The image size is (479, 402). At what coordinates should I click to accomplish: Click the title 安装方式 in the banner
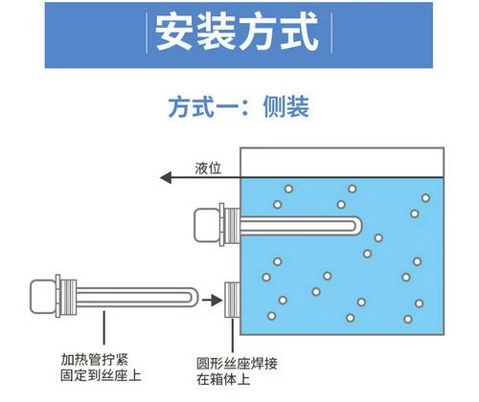(x=237, y=33)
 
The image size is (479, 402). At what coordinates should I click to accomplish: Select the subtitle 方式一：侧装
(x=239, y=106)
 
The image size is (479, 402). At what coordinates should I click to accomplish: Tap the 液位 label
(x=208, y=168)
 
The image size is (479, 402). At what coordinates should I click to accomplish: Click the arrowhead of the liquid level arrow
(x=166, y=177)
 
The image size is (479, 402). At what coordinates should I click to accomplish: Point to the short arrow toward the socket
(x=212, y=301)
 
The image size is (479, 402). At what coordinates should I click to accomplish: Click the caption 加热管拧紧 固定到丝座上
(x=101, y=368)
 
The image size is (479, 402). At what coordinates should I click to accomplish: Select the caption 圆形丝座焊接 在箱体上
(x=237, y=371)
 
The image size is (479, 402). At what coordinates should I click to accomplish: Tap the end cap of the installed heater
(x=207, y=225)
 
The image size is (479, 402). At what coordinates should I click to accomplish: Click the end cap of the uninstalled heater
(x=43, y=297)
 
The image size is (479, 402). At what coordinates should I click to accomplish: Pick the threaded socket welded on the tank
(x=233, y=300)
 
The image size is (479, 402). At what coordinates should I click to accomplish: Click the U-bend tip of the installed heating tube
(x=358, y=226)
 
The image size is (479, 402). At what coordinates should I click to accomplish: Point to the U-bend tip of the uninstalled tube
(x=194, y=298)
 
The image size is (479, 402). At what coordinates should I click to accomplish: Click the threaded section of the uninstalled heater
(x=68, y=297)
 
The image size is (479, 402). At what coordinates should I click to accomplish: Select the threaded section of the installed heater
(x=232, y=226)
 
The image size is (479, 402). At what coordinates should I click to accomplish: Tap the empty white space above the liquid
(x=342, y=163)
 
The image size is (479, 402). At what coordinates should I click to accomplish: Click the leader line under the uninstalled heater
(x=103, y=327)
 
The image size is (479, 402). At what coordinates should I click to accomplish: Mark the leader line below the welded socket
(x=233, y=335)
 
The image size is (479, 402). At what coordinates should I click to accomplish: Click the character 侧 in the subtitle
(x=274, y=106)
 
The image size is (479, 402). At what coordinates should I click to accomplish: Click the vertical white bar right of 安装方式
(x=331, y=33)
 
